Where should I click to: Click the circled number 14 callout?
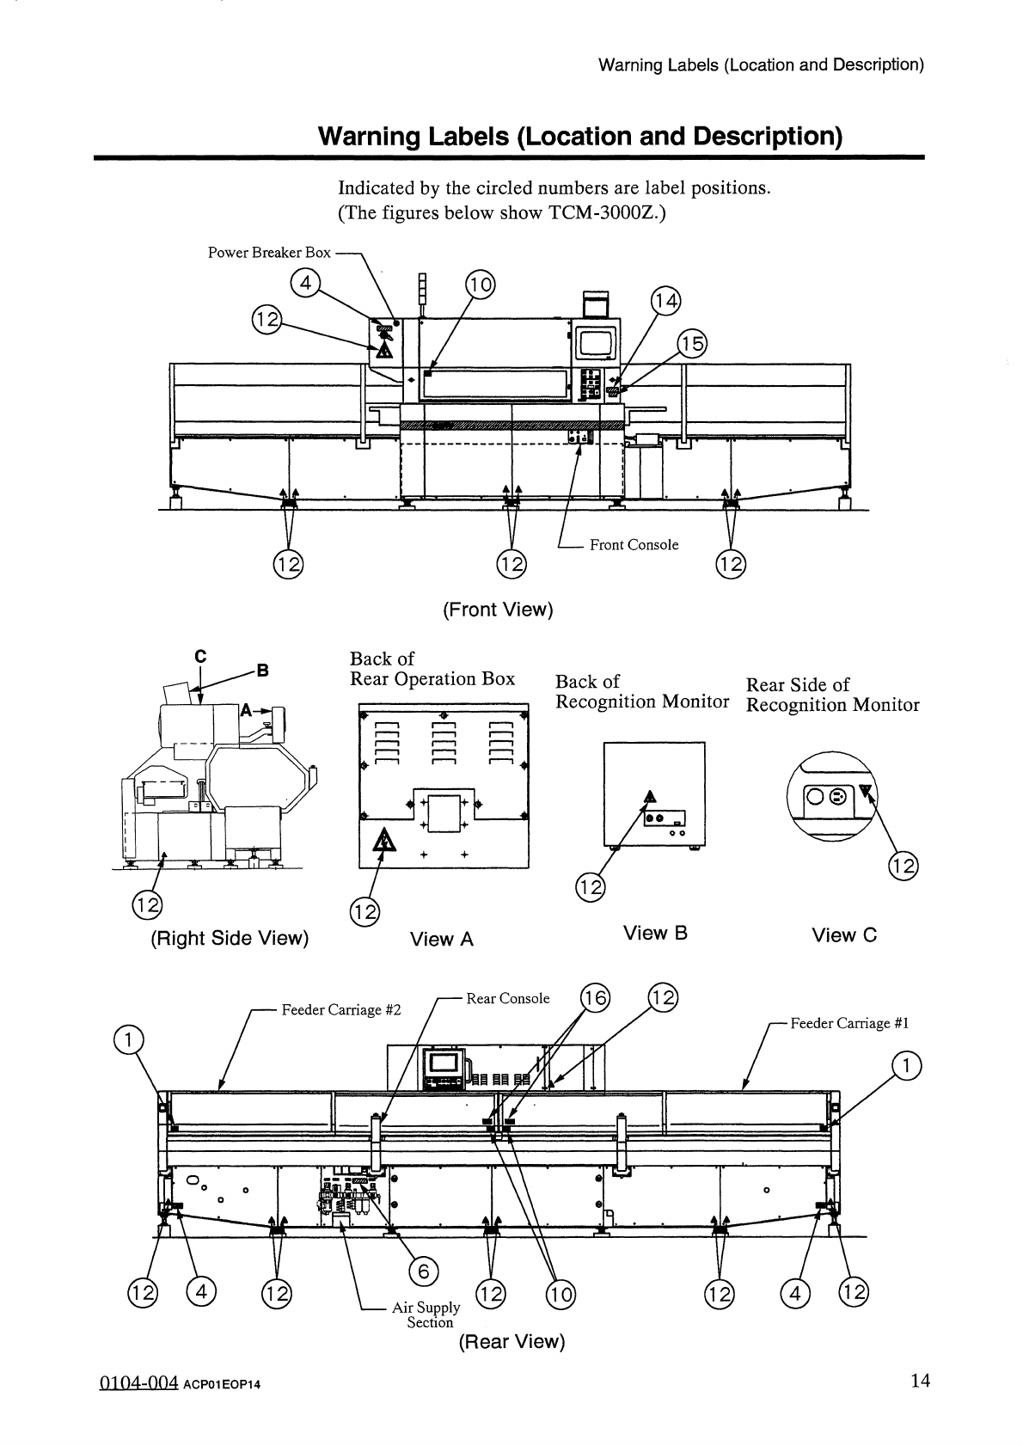[665, 301]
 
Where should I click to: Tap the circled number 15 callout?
[692, 343]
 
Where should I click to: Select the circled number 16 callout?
[595, 998]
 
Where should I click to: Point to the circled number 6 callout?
[424, 1271]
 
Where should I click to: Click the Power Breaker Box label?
[269, 253]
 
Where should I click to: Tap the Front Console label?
[634, 545]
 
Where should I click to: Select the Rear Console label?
[508, 998]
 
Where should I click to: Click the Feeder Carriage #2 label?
[340, 1009]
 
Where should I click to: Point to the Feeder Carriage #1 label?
[849, 1022]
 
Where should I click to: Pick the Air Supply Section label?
[426, 1314]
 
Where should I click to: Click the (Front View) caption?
[498, 610]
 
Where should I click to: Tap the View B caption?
[655, 932]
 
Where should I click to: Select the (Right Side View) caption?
[230, 938]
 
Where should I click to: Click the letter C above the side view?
[200, 656]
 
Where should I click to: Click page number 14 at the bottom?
[921, 1380]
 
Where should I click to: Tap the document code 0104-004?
[138, 1382]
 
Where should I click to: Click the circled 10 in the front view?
[481, 285]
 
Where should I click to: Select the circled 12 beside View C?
[903, 865]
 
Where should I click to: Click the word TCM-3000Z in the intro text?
[603, 212]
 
